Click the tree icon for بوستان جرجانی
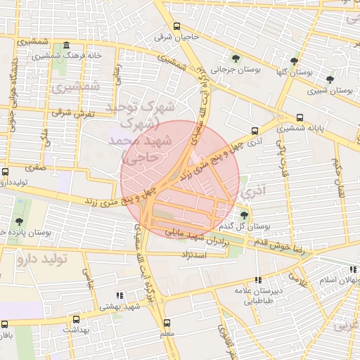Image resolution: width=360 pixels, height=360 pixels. (236, 58)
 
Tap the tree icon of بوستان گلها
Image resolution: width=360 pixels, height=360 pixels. (294, 60)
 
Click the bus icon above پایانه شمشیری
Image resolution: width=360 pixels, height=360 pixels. (300, 117)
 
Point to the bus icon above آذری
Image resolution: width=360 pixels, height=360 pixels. (255, 130)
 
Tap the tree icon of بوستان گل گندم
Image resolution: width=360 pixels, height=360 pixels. (243, 215)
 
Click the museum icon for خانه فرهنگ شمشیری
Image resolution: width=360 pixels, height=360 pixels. (66, 44)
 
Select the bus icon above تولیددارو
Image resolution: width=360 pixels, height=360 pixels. (6, 172)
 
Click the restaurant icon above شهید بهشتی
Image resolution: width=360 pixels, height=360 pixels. (119, 295)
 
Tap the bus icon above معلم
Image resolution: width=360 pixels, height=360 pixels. (167, 322)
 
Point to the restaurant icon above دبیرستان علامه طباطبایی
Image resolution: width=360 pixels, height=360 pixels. (258, 279)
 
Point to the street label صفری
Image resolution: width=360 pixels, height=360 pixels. (35, 169)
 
